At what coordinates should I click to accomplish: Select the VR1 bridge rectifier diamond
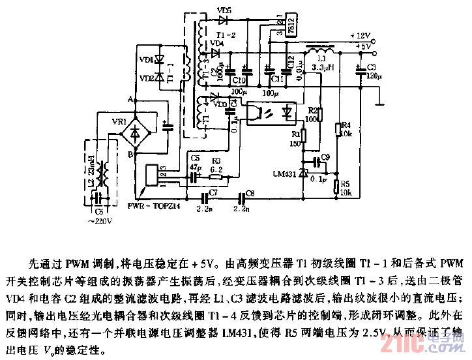135,130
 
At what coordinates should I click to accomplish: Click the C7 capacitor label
213,193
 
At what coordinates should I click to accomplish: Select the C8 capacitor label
250,193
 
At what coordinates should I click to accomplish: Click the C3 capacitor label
372,67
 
